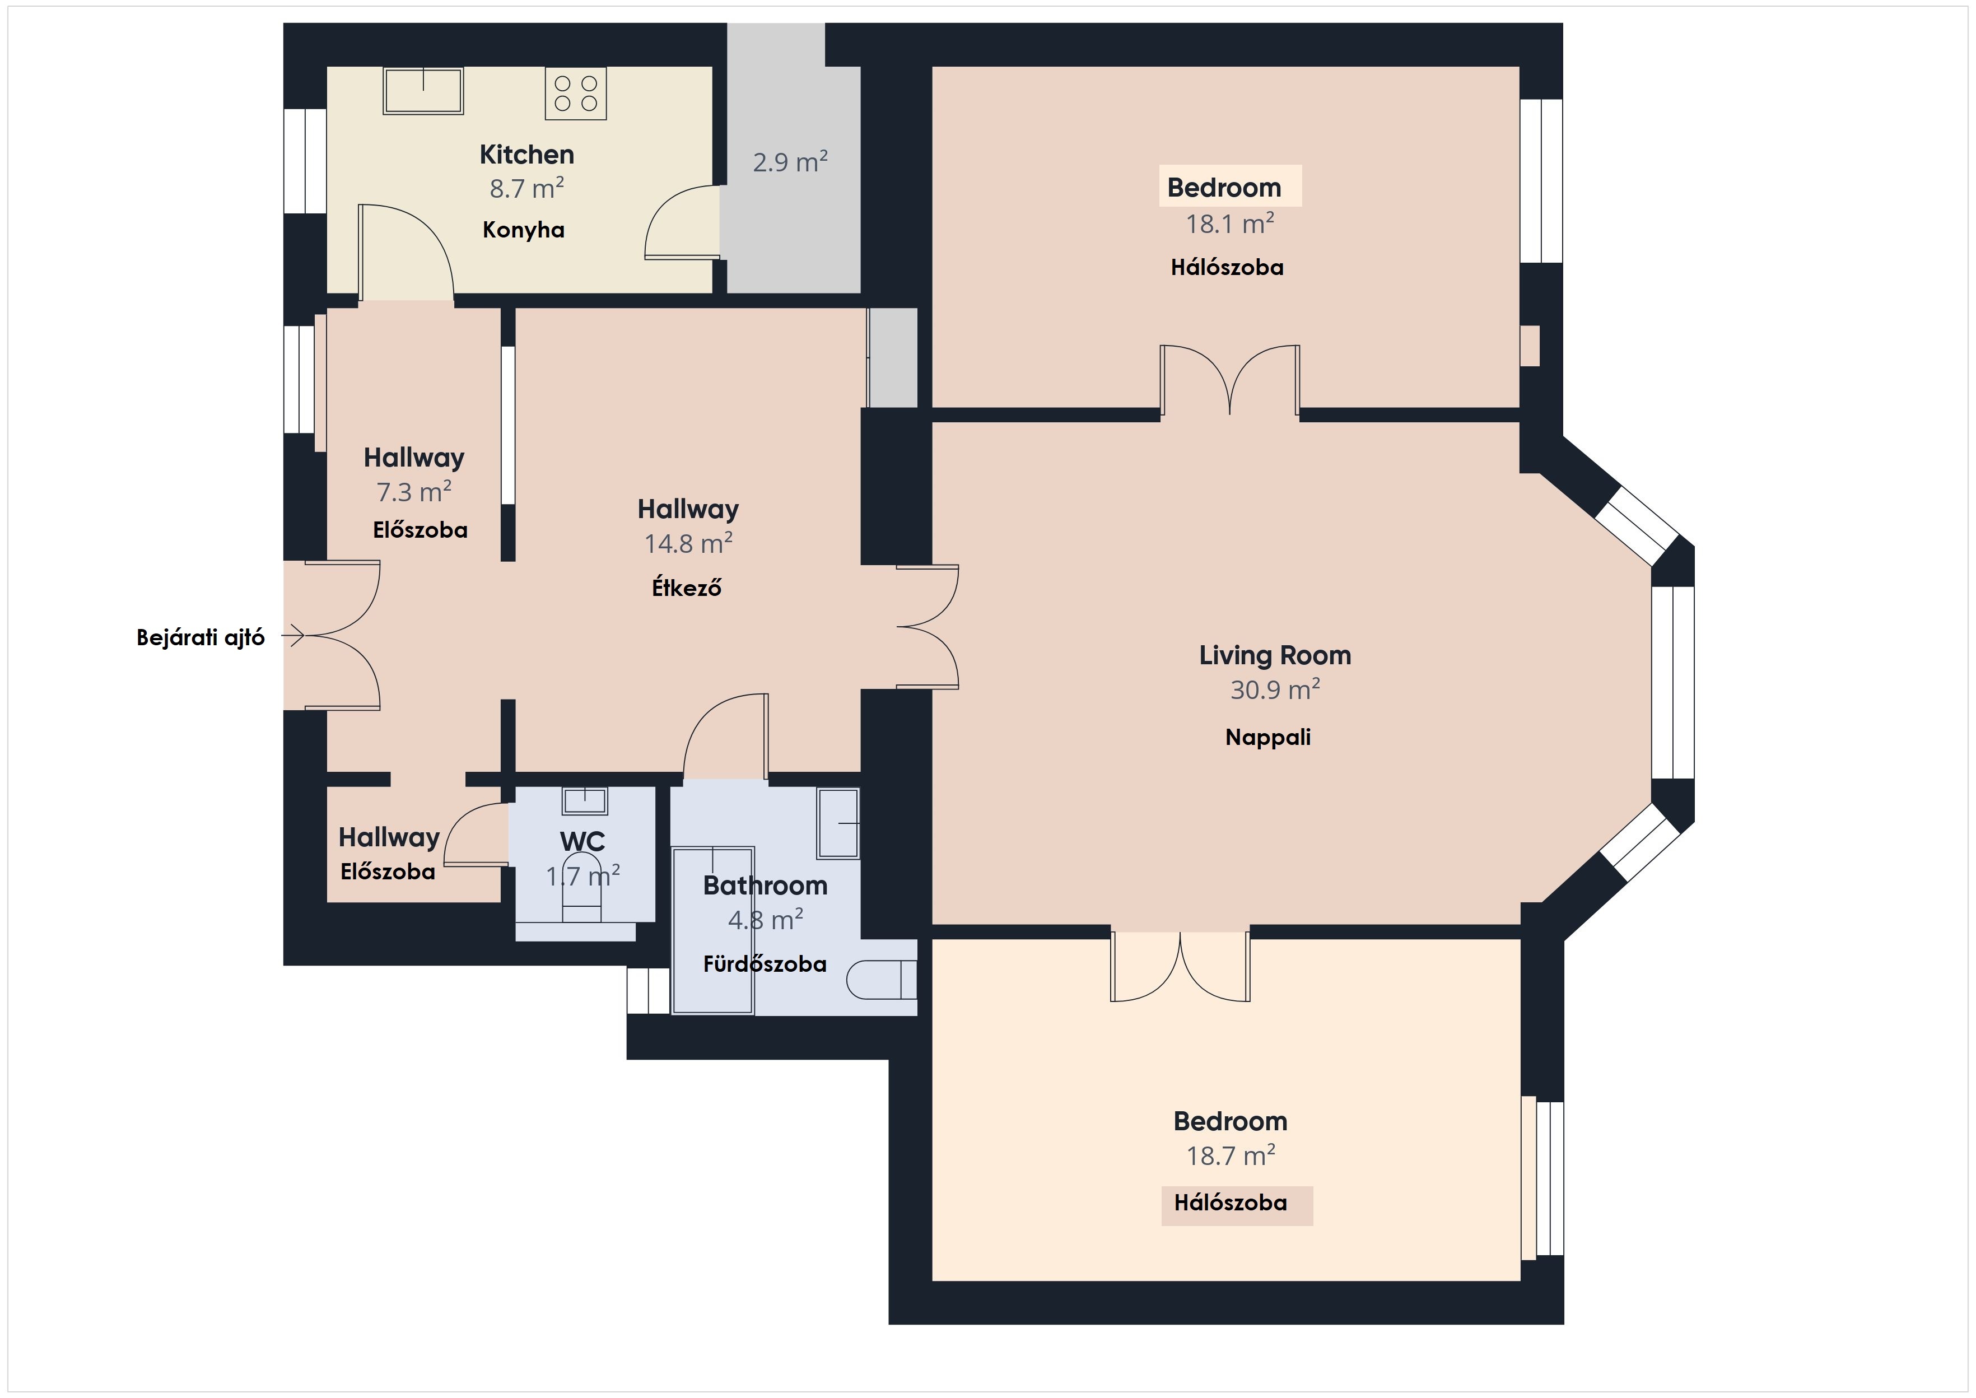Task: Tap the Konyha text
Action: pyautogui.click(x=523, y=230)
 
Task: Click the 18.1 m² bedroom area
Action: pyautogui.click(x=1229, y=224)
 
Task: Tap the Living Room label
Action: pyautogui.click(x=1275, y=655)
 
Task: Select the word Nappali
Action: pyautogui.click(x=1267, y=738)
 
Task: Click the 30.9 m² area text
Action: pyautogui.click(x=1275, y=689)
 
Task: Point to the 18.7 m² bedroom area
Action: pyautogui.click(x=1230, y=1155)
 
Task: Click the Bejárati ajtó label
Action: pyautogui.click(x=201, y=638)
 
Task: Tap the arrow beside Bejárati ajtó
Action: pyautogui.click(x=292, y=636)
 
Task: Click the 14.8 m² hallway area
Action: pyautogui.click(x=688, y=543)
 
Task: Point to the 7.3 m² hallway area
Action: pyautogui.click(x=414, y=492)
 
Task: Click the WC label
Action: pyautogui.click(x=582, y=841)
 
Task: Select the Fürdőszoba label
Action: pyautogui.click(x=764, y=964)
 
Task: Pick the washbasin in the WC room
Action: pyautogui.click(x=584, y=800)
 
